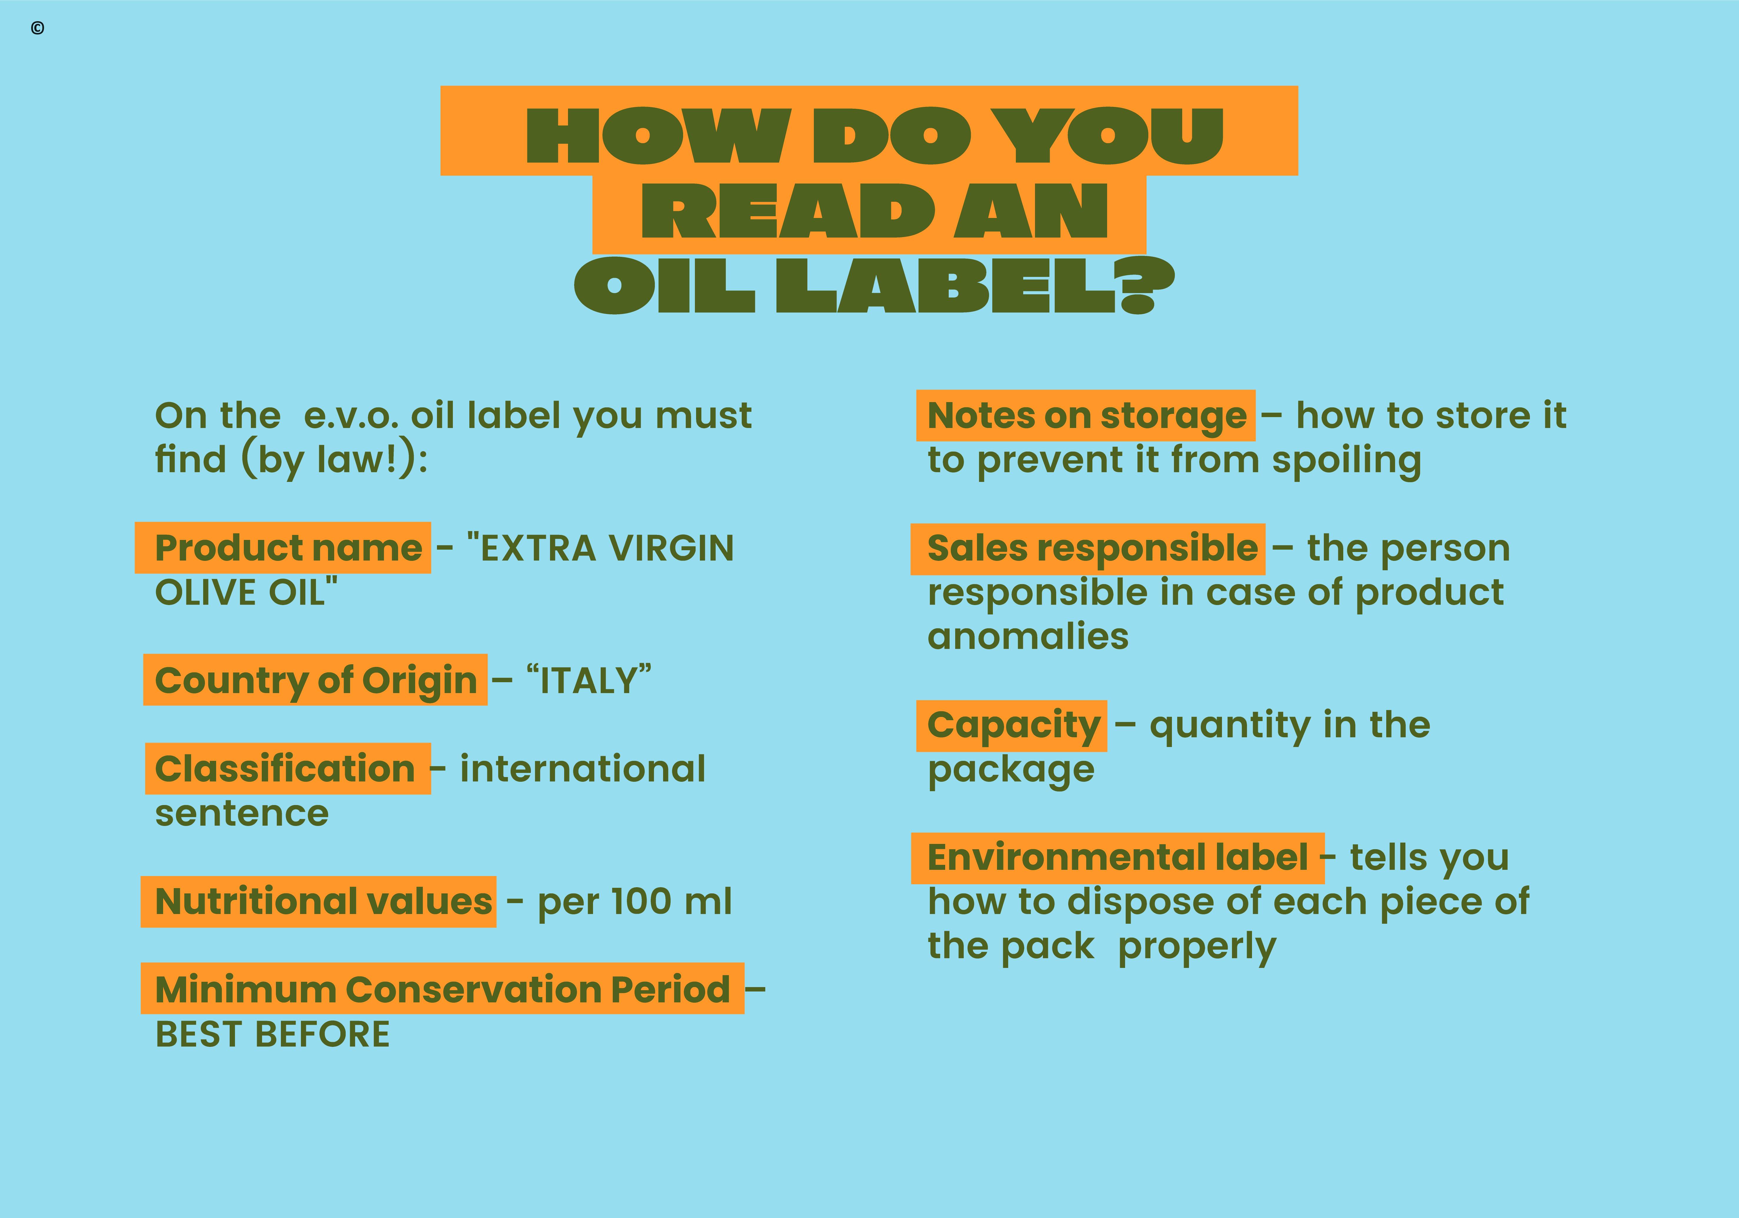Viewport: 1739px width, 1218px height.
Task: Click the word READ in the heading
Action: pos(788,211)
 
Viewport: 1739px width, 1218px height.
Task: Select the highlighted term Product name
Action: pos(288,548)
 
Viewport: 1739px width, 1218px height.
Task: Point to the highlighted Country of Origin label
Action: pos(316,680)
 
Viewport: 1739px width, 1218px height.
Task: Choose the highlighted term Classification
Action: pos(285,769)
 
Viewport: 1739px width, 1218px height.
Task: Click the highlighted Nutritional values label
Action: pos(323,901)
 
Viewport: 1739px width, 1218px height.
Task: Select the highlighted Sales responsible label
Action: pos(1092,548)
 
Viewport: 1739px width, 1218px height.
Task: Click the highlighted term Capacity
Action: pos(1013,725)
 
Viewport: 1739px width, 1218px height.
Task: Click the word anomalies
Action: pos(1028,636)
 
